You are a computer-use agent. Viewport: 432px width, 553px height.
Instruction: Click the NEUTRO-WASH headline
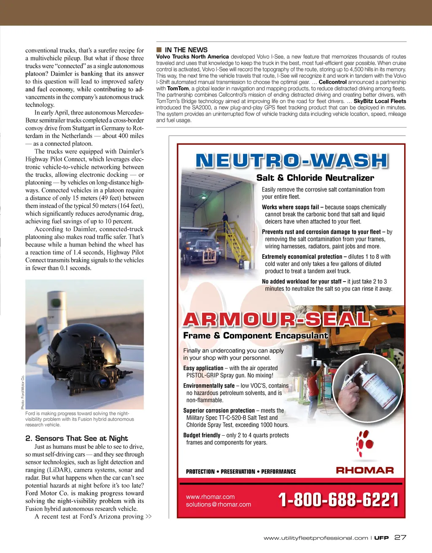[x=291, y=161]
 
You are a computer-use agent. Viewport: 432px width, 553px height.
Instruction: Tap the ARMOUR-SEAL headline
[x=276, y=320]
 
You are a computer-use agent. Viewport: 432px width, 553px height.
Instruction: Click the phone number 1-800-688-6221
[x=338, y=500]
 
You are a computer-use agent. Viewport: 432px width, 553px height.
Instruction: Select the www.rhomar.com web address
[x=210, y=497]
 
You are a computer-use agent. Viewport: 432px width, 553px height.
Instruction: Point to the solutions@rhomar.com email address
[x=218, y=504]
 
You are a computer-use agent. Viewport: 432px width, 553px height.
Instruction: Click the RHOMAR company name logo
[x=365, y=470]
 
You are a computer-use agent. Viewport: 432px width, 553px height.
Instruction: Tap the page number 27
[x=400, y=537]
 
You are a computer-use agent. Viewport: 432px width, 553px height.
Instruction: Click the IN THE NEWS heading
[x=186, y=50]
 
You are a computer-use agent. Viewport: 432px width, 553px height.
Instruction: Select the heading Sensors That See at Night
[x=76, y=438]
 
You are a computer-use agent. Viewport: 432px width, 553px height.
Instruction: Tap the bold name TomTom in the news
[x=178, y=89]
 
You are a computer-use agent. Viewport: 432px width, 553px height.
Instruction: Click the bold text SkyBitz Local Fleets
[x=380, y=101]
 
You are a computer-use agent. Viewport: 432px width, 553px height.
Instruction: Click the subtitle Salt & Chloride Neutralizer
[x=315, y=178]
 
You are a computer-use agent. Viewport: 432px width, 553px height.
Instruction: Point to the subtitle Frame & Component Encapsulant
[x=255, y=336]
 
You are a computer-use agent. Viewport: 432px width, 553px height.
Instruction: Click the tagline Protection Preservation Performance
[x=241, y=472]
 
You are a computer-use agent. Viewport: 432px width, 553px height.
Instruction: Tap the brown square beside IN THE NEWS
[x=159, y=50]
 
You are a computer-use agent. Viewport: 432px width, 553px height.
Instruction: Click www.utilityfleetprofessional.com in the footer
[x=316, y=538]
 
